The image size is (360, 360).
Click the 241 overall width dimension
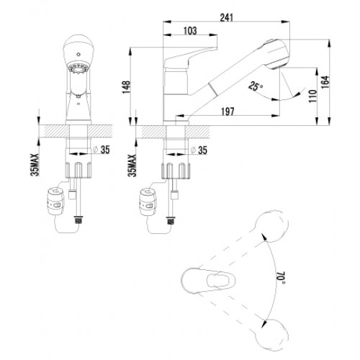227,17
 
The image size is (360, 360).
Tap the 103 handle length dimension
190,31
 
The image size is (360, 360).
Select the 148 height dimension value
127,87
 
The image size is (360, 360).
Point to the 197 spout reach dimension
228,112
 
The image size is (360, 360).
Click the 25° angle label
256,86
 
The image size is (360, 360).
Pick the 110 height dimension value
313,96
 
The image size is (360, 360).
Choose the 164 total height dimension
325,82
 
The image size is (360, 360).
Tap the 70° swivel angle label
281,278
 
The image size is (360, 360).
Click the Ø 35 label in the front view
102,150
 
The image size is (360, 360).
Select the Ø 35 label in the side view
199,150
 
